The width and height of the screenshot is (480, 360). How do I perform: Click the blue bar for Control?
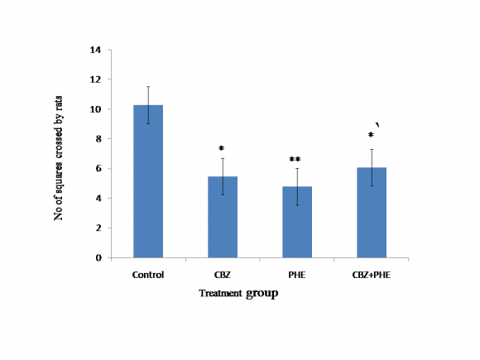pos(148,182)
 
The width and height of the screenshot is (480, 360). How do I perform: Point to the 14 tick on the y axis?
pos(96,50)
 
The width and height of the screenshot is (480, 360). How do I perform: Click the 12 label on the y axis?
pos(96,79)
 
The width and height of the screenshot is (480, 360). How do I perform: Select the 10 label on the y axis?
pos(96,109)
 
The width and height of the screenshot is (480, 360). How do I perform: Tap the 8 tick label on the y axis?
pos(98,139)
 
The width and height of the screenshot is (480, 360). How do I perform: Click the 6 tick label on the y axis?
pos(98,169)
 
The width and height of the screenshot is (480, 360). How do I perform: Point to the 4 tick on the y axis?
pos(98,199)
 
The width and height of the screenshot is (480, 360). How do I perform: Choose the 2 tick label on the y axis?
pos(98,228)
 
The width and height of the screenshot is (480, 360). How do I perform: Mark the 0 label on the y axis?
pos(98,257)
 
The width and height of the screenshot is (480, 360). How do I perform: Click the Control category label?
pos(148,274)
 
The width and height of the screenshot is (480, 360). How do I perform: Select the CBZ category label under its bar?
pos(223,274)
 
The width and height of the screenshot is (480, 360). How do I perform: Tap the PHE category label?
pos(297,274)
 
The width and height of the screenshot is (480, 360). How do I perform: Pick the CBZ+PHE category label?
pos(372,274)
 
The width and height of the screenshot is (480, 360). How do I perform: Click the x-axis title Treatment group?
pos(238,293)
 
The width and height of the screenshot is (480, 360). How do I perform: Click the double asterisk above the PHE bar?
pos(295,160)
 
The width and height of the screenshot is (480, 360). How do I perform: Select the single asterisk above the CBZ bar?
pos(222,151)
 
